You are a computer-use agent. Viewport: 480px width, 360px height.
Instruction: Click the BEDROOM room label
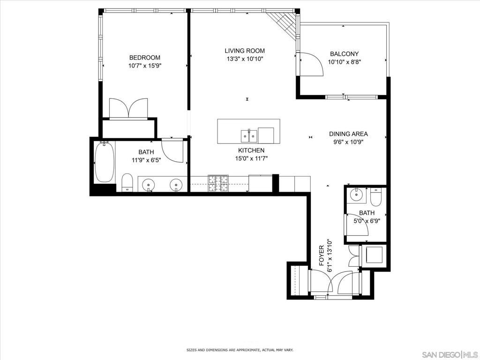pyautogui.click(x=144, y=58)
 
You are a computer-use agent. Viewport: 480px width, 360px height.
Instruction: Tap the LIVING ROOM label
pyautogui.click(x=245, y=51)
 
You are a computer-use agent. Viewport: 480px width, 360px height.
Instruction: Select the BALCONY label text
pyautogui.click(x=344, y=54)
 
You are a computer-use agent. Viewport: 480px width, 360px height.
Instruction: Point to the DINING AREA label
pyautogui.click(x=348, y=134)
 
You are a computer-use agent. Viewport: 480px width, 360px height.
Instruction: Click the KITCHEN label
pyautogui.click(x=251, y=150)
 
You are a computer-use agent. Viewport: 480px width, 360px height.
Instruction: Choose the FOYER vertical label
pyautogui.click(x=322, y=255)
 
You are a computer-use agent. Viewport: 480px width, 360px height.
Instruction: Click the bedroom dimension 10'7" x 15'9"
pyautogui.click(x=144, y=66)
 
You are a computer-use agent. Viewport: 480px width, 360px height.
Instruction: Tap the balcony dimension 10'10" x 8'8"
pyautogui.click(x=344, y=62)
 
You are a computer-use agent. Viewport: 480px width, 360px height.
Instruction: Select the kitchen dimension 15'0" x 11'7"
pyautogui.click(x=251, y=158)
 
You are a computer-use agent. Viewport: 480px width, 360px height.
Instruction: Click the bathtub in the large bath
pyautogui.click(x=105, y=162)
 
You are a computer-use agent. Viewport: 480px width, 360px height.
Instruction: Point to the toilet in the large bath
pyautogui.click(x=127, y=182)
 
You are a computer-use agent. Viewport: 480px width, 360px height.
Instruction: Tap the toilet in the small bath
pyautogui.click(x=375, y=197)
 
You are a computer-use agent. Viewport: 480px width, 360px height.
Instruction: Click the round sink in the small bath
pyautogui.click(x=356, y=194)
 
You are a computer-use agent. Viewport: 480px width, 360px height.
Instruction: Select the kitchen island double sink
pyautogui.click(x=249, y=136)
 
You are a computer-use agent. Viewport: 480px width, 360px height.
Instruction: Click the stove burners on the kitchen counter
pyautogui.click(x=218, y=183)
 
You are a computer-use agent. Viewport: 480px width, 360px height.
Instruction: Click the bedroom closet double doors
pyautogui.click(x=128, y=108)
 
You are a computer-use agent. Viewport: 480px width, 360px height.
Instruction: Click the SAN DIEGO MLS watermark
pyautogui.click(x=450, y=355)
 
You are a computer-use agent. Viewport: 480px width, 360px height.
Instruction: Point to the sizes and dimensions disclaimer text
pyautogui.click(x=240, y=350)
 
